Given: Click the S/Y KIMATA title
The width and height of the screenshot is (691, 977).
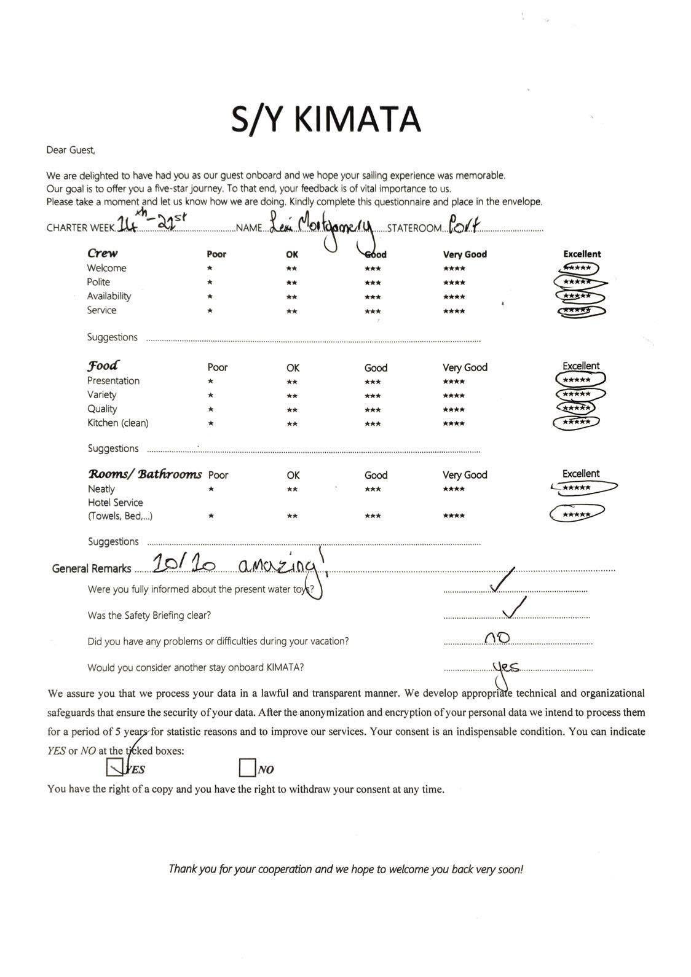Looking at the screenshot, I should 326,119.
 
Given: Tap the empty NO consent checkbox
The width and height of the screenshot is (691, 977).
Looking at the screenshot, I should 247,767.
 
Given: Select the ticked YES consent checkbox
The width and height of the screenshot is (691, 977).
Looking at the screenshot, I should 115,767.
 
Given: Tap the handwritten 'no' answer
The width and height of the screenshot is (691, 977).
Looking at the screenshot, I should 497,638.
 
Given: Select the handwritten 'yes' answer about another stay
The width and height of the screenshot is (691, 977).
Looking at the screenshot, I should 506,667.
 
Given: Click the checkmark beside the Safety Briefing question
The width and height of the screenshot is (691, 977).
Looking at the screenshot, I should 513,608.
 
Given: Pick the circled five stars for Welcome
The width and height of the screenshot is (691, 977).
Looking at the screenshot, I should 577,268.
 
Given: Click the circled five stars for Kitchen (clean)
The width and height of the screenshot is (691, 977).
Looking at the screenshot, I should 577,422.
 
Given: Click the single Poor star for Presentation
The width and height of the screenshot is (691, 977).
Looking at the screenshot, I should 210,382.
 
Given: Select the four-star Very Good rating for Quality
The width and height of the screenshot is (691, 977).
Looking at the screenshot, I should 454,410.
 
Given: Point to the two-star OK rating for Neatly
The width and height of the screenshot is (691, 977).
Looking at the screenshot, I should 292,490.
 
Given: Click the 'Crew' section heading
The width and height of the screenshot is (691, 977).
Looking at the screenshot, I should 102,253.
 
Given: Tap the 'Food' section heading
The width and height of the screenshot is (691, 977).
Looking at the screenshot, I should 103,366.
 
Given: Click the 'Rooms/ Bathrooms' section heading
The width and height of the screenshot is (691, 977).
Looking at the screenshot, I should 144,474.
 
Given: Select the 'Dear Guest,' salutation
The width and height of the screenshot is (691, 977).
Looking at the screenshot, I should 71,150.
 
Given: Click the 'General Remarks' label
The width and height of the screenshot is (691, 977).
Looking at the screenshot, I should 92,568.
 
